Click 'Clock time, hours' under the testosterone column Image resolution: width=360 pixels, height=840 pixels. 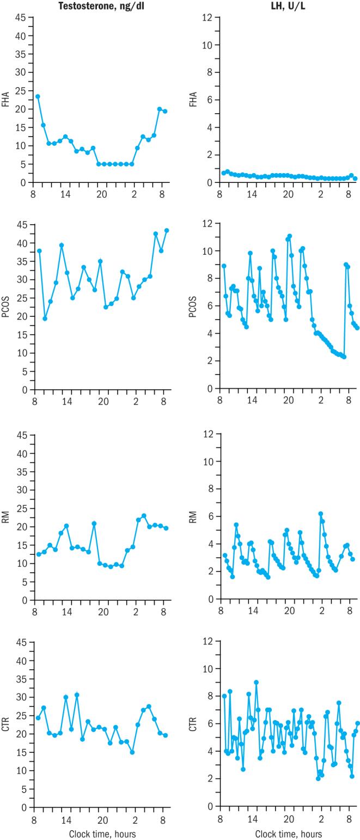[x=102, y=834]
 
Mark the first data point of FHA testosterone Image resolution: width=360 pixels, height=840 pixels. [x=38, y=96]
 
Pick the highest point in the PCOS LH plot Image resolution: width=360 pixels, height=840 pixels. [x=290, y=236]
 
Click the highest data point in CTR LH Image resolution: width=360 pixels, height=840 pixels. [x=256, y=682]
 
